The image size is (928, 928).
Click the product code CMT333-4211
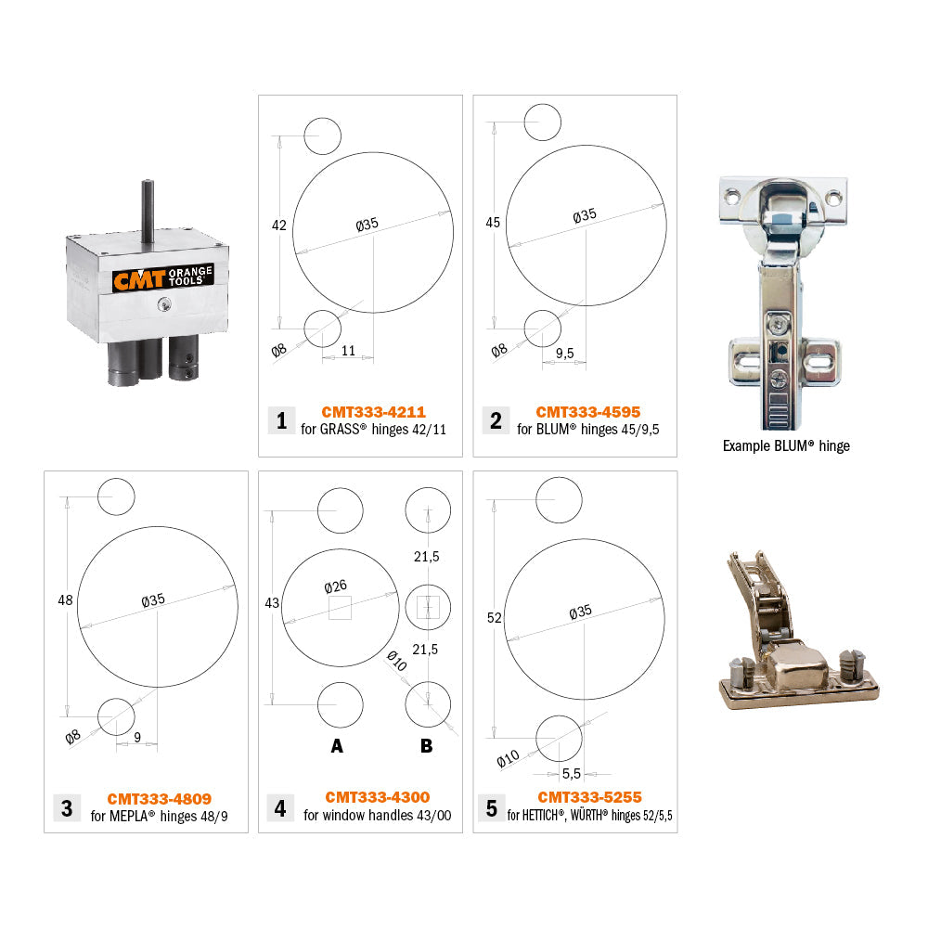pyautogui.click(x=373, y=411)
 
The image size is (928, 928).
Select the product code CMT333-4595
pyautogui.click(x=587, y=411)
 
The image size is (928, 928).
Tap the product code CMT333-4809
pyautogui.click(x=159, y=798)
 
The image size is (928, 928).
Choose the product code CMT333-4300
pyautogui.click(x=377, y=797)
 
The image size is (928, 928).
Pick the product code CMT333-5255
pyautogui.click(x=589, y=797)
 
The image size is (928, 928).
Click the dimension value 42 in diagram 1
pyautogui.click(x=278, y=226)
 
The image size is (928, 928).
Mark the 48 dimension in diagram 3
pyautogui.click(x=65, y=600)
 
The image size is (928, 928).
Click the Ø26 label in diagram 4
pyautogui.click(x=336, y=587)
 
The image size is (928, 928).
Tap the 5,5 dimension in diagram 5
pyautogui.click(x=572, y=773)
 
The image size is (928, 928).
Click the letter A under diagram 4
pyautogui.click(x=337, y=745)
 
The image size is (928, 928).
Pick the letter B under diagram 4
pyautogui.click(x=426, y=745)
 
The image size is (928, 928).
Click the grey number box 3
pyautogui.click(x=67, y=807)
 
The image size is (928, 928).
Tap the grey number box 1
pyautogui.click(x=281, y=420)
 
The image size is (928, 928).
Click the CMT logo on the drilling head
pyautogui.click(x=139, y=279)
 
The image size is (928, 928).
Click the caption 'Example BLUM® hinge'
pyautogui.click(x=786, y=445)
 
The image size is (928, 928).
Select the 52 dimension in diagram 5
pyautogui.click(x=494, y=617)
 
